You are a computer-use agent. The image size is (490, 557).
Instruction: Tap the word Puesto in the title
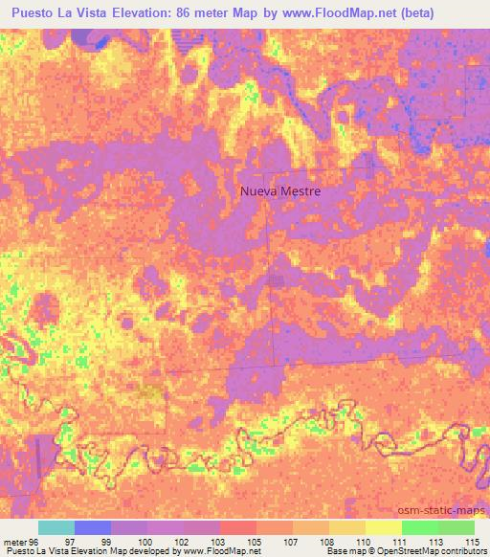37,13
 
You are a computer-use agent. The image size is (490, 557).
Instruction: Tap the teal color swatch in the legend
56,527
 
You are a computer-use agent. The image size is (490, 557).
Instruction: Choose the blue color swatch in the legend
92,527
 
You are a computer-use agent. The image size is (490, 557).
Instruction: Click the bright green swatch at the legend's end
456,527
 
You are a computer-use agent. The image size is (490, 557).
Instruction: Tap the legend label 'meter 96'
22,541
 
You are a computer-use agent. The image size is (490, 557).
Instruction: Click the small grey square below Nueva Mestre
277,280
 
